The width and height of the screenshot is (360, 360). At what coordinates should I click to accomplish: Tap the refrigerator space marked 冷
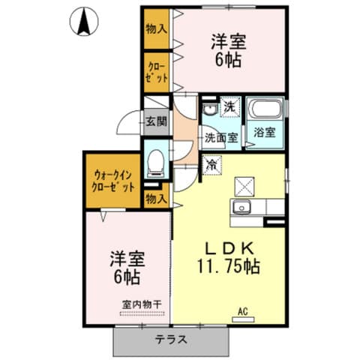(213, 163)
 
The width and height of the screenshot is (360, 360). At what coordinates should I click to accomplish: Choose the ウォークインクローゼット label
(111, 181)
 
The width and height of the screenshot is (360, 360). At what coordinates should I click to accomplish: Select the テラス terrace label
(172, 340)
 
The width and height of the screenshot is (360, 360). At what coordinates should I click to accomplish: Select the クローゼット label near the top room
(156, 73)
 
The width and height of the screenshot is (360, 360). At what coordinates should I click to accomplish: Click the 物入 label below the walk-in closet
(156, 199)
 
